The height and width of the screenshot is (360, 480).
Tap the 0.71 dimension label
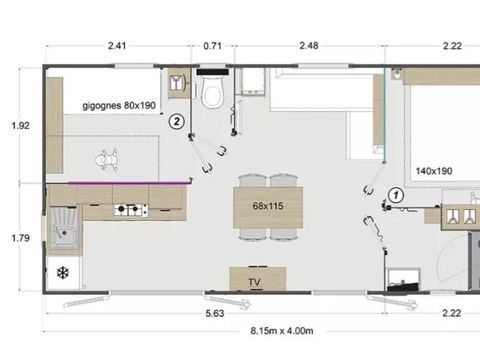[212, 45]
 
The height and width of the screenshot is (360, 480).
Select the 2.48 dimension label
[308, 45]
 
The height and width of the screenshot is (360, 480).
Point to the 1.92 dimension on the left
[19, 126]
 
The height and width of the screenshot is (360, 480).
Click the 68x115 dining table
[268, 208]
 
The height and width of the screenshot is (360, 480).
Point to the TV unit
[255, 281]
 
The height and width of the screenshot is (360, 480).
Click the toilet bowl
[211, 95]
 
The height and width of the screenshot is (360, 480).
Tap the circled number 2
[176, 122]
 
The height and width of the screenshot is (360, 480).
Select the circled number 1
[396, 196]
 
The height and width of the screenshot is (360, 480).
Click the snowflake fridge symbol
[62, 273]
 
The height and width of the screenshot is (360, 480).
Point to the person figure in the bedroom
[106, 158]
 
